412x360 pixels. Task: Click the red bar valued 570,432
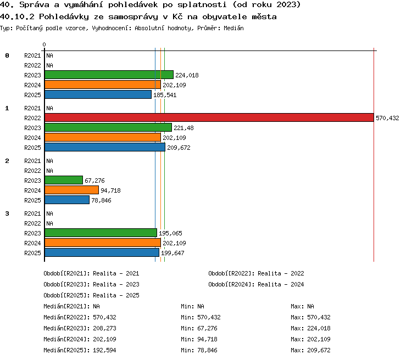(209, 117)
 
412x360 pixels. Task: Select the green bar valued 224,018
(109, 75)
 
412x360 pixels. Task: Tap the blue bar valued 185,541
(98, 94)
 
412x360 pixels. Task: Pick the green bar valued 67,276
(64, 180)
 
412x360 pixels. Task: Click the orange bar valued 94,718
(72, 190)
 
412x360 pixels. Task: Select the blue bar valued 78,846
(67, 200)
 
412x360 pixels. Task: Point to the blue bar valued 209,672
(105, 147)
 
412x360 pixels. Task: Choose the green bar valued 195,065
(101, 233)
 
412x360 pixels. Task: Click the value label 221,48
(183, 128)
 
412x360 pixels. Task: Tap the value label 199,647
(172, 253)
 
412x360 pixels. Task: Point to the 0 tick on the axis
(44, 44)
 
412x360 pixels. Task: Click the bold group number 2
(7, 161)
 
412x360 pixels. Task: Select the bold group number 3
(7, 213)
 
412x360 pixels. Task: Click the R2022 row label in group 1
(32, 118)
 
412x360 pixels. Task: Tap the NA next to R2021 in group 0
(49, 55)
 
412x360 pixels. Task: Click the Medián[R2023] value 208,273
(104, 328)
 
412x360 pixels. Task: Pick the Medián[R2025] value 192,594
(104, 350)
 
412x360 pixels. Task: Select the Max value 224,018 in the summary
(319, 328)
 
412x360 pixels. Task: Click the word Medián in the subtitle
(233, 28)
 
